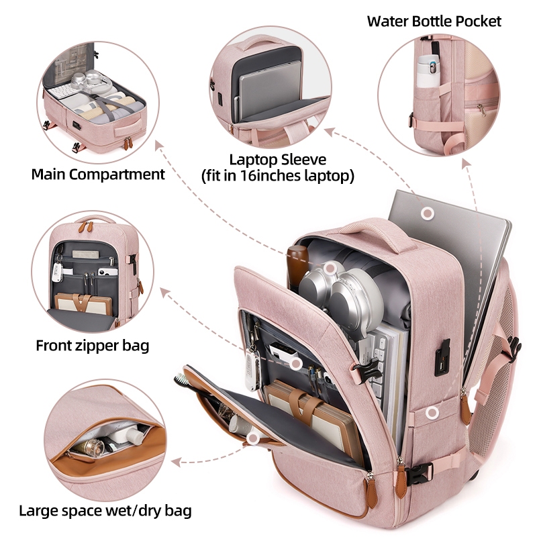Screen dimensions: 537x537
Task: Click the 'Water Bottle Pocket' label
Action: (x=434, y=21)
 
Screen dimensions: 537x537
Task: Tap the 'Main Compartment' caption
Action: (x=98, y=175)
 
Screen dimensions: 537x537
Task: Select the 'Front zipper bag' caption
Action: (x=93, y=346)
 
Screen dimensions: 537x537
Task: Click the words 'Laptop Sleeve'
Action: (x=277, y=160)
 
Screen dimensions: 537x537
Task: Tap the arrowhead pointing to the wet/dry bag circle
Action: (x=176, y=462)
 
